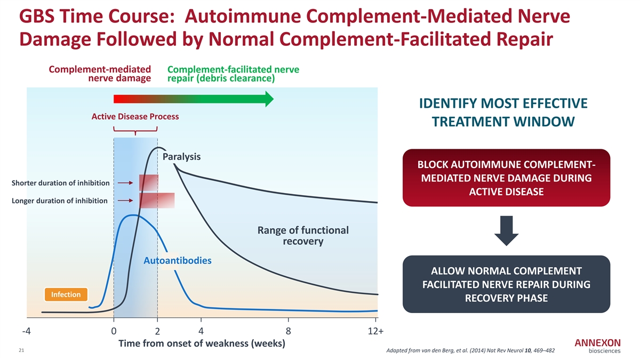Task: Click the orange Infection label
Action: [x=66, y=295]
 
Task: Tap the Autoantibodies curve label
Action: [x=178, y=261]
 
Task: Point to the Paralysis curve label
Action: [x=181, y=157]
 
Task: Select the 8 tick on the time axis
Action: [x=288, y=331]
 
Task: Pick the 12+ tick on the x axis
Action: [x=375, y=331]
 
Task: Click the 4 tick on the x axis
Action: [x=201, y=331]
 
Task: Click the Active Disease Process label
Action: [x=135, y=116]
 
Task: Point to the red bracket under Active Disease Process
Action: [x=135, y=130]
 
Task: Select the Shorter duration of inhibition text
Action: [x=60, y=183]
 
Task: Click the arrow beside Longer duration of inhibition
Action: [x=125, y=201]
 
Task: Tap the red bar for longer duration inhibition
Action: [x=157, y=201]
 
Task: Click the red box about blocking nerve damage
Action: [x=506, y=178]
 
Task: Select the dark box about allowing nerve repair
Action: [x=506, y=284]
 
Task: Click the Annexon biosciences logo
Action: [x=597, y=346]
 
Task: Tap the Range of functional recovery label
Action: [x=303, y=236]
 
